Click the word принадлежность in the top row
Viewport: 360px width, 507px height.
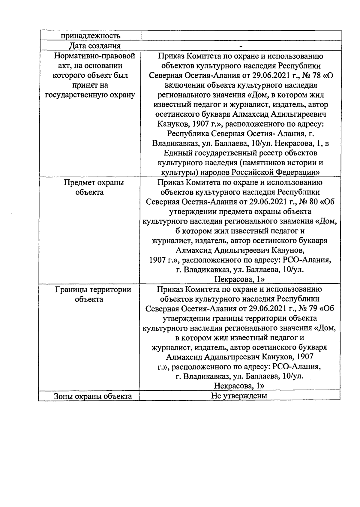[91, 36]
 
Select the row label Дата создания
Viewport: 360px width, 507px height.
[95, 46]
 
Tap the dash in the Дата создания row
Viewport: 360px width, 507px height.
[241, 46]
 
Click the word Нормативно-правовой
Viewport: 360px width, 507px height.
[94, 56]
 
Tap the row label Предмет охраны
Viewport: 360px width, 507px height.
[94, 183]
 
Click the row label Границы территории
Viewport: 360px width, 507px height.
[93, 289]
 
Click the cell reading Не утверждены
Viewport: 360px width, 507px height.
[239, 396]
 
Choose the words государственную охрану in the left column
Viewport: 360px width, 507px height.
[90, 95]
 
